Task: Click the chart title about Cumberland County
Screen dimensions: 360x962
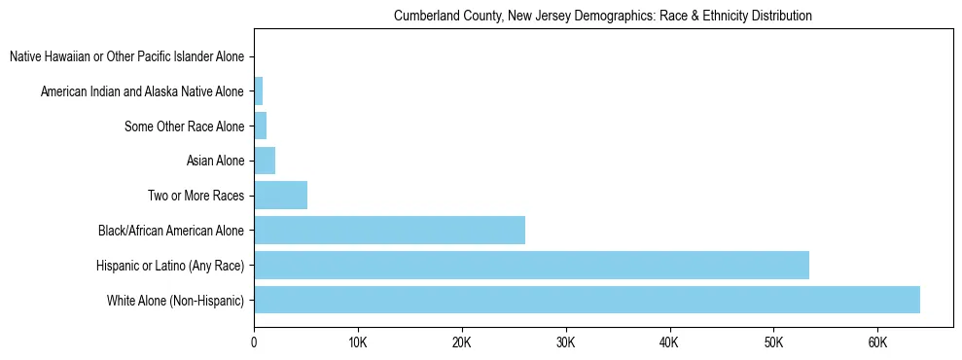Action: click(602, 17)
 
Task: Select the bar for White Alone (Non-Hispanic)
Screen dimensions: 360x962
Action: click(587, 300)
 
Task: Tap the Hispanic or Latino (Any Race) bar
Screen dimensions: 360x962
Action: click(531, 265)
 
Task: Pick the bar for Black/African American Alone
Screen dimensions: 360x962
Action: click(389, 231)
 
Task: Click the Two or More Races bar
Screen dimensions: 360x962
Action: click(280, 196)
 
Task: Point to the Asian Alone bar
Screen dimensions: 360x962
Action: click(265, 161)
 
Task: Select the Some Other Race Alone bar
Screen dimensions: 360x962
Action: click(260, 126)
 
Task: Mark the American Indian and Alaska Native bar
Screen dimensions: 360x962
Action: click(258, 91)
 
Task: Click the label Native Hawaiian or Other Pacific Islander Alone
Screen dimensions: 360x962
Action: click(127, 57)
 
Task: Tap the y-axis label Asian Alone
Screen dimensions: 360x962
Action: click(215, 162)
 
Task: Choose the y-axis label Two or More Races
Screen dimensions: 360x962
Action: click(196, 197)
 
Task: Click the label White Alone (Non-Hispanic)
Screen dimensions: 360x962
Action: click(176, 301)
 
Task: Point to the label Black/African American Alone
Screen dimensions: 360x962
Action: click(171, 232)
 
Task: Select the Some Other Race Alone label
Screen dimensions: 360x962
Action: click(185, 126)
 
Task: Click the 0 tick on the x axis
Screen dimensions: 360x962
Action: click(254, 342)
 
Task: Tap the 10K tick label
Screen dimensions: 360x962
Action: click(358, 342)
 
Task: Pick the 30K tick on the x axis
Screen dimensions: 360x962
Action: click(565, 342)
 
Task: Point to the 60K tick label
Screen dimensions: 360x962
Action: click(877, 342)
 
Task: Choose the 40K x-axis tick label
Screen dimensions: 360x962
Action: click(669, 342)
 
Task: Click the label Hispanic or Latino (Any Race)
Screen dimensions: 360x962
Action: click(170, 266)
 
